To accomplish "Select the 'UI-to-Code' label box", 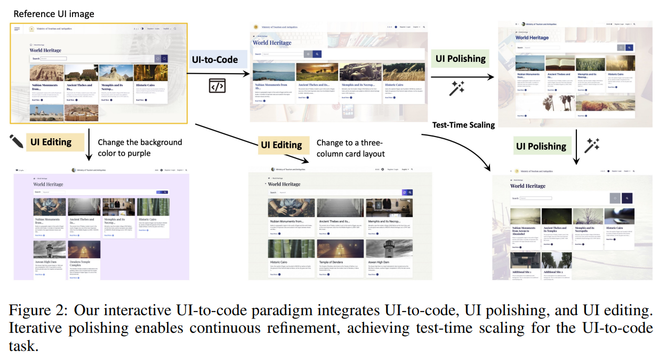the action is point(215,60).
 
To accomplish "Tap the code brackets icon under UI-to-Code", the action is point(217,85).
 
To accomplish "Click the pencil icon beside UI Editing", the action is point(17,141).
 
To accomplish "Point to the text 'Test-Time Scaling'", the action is point(463,125).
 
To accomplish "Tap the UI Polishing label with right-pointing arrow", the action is point(461,59).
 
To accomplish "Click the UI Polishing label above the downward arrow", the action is point(541,146).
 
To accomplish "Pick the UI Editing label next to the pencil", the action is point(51,142).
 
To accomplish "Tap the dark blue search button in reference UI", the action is point(165,59).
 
